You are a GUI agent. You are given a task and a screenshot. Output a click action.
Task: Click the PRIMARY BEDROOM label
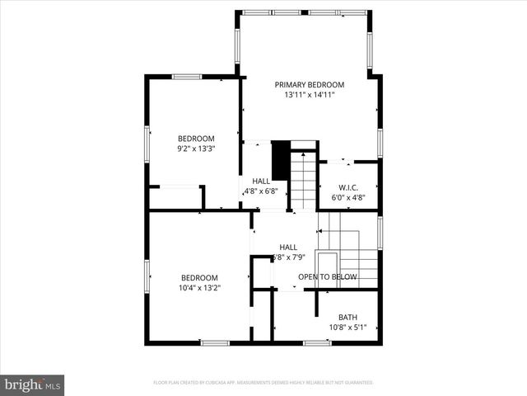[x=309, y=84]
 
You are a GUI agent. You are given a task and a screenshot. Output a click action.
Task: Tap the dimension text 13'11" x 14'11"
[x=309, y=95]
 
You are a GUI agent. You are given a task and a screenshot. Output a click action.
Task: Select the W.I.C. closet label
[x=347, y=187]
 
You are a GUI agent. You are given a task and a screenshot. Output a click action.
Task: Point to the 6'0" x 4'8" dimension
[x=347, y=198]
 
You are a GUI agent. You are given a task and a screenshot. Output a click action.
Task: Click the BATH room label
[x=347, y=318]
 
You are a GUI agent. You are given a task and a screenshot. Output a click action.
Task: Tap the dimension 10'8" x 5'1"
[x=347, y=328]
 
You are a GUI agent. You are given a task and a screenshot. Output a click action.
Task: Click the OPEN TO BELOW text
[x=327, y=277]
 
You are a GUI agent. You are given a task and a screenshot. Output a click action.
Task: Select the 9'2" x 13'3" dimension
[x=196, y=149]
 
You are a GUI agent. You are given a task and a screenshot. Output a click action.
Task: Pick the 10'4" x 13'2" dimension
[x=199, y=288]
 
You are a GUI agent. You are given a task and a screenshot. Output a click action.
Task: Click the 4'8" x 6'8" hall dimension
[x=261, y=191]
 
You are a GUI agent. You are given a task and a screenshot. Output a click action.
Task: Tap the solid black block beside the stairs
[x=280, y=160]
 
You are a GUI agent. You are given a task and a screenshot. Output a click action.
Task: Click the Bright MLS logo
[x=33, y=384]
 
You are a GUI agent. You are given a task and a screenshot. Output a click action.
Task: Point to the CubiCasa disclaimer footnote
[x=263, y=383]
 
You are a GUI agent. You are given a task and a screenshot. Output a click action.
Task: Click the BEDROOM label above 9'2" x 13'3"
[x=196, y=139]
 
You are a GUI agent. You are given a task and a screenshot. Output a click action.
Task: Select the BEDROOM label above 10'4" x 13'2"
[x=199, y=277]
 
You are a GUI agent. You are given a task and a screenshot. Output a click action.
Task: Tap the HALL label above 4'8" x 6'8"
[x=261, y=181]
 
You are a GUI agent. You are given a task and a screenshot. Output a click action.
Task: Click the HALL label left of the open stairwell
[x=288, y=247]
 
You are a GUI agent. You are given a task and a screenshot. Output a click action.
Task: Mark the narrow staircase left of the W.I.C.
[x=305, y=178]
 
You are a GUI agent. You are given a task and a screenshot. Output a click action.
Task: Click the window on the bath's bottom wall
[x=316, y=342]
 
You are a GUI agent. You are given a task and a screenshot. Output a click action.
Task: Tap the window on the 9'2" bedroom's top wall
[x=187, y=77]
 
